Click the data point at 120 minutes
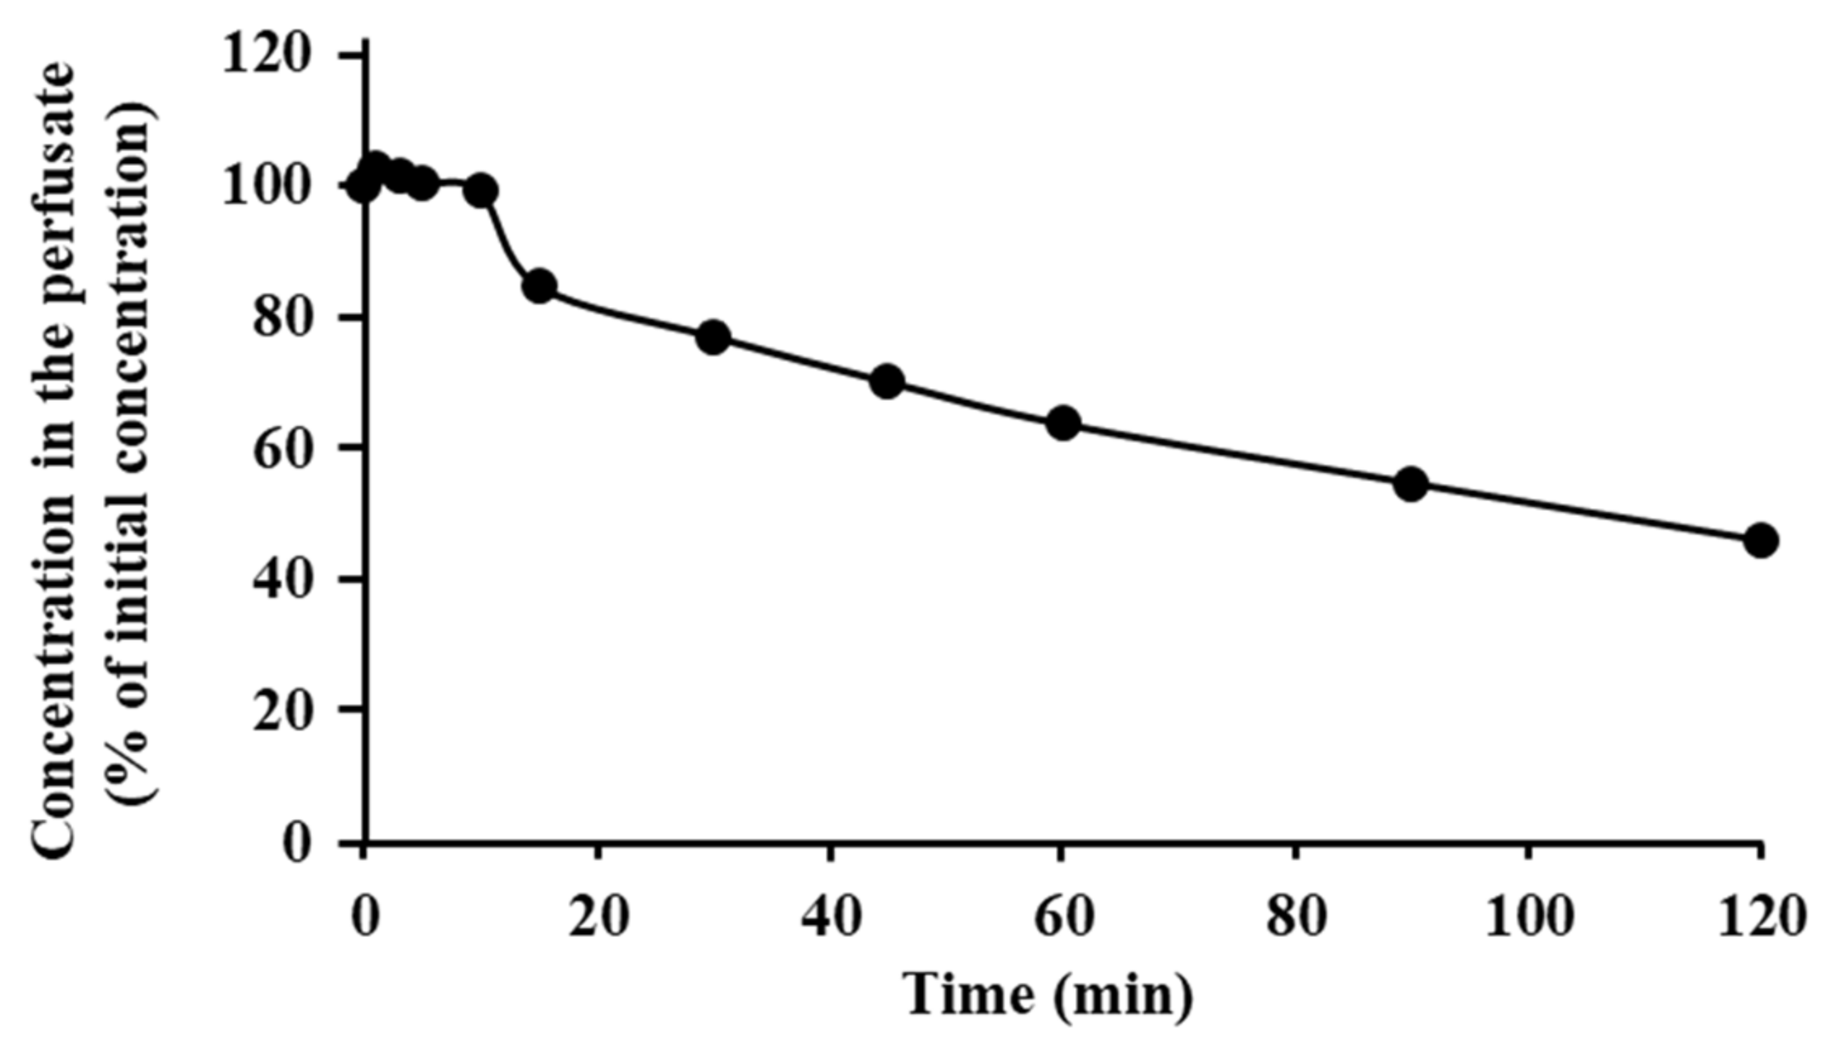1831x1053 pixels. [1761, 540]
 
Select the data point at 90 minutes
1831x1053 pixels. [1411, 484]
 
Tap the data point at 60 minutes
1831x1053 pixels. [1063, 423]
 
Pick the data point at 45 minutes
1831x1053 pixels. [888, 382]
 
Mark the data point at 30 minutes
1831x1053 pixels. [713, 337]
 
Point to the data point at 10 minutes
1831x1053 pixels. [481, 191]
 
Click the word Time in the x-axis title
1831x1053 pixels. [970, 995]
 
